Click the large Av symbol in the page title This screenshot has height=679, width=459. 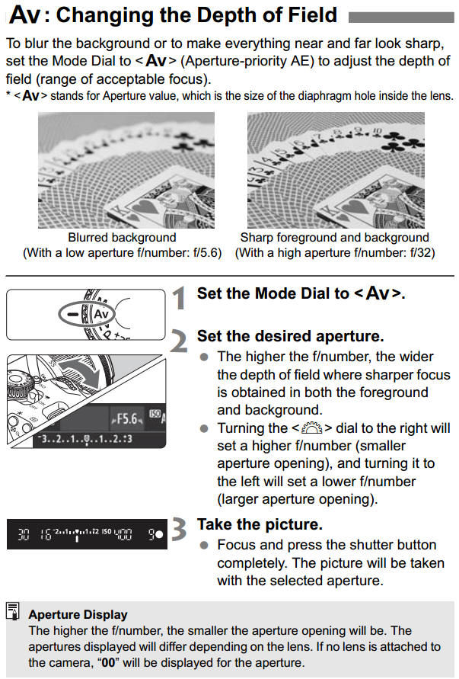tap(24, 14)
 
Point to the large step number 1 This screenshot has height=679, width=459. tap(177, 297)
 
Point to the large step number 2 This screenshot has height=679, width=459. tap(177, 340)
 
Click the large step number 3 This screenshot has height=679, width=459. tap(177, 530)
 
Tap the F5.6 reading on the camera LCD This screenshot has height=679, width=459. tap(124, 419)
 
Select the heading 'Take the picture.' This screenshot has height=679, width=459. tap(259, 524)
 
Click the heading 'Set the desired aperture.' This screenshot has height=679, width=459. tap(290, 336)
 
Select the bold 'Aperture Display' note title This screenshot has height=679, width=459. tap(78, 614)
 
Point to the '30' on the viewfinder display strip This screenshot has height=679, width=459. tap(23, 534)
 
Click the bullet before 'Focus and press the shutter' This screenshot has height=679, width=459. tap(203, 545)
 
